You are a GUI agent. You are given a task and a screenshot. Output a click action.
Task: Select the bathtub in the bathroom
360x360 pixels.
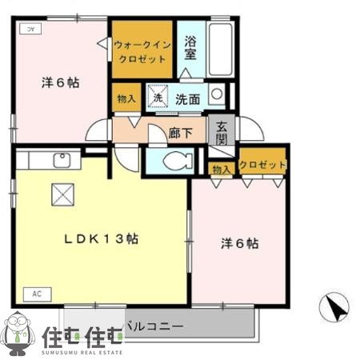(x=221, y=50)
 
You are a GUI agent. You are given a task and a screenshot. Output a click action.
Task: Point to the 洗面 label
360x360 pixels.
(x=188, y=100)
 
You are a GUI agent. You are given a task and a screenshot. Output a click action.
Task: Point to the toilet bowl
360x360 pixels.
(x=174, y=161)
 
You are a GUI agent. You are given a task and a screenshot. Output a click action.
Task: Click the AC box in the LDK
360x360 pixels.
(x=37, y=294)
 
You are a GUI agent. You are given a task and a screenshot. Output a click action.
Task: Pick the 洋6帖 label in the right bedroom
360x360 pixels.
(x=239, y=242)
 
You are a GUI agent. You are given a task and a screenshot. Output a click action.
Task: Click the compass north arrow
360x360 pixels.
(x=337, y=309)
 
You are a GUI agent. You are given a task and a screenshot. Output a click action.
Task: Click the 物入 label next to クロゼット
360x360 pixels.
(x=222, y=169)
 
